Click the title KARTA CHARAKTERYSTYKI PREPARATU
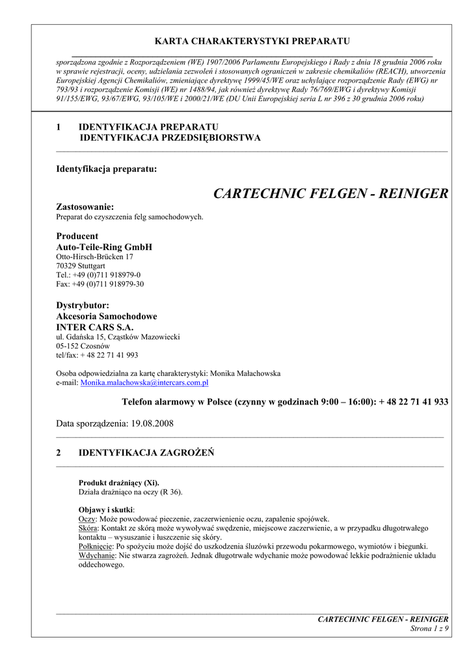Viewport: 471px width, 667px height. pyautogui.click(x=252, y=41)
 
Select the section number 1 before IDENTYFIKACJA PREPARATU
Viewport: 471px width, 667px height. pyautogui.click(x=59, y=126)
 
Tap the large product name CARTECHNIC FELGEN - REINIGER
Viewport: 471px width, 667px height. pyautogui.click(x=330, y=194)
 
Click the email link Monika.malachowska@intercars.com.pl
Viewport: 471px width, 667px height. pyautogui.click(x=144, y=384)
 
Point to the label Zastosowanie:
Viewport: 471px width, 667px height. pyautogui.click(x=85, y=206)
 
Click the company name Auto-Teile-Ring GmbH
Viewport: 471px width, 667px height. pyautogui.click(x=104, y=247)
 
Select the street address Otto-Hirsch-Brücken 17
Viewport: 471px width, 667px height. pyautogui.click(x=95, y=257)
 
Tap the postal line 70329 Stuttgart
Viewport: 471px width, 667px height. pyautogui.click(x=81, y=266)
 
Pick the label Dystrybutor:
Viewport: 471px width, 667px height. pyautogui.click(x=83, y=305)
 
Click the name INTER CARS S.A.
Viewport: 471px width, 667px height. pyautogui.click(x=95, y=326)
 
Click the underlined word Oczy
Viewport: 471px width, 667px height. pyautogui.click(x=87, y=518)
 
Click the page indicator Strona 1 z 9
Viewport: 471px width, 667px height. pyautogui.click(x=429, y=628)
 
